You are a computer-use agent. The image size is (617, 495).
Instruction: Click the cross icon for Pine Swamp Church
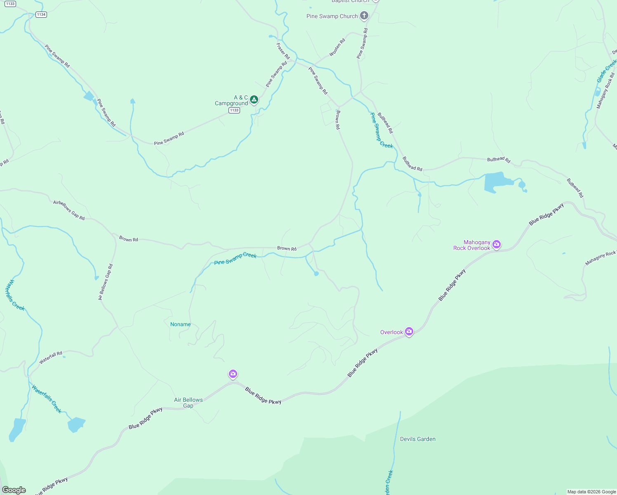tap(364, 16)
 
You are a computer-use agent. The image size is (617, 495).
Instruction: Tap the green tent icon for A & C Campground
tap(254, 99)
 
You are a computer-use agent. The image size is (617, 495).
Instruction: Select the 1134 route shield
tap(41, 14)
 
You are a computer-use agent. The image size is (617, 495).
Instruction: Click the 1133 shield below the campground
tap(234, 110)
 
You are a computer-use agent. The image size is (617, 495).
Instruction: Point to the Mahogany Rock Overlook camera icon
tap(497, 245)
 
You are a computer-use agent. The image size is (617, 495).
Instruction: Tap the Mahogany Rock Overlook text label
tap(472, 245)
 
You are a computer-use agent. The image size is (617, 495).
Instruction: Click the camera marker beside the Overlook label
tap(409, 331)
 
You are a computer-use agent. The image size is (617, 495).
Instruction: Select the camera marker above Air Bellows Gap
tap(233, 374)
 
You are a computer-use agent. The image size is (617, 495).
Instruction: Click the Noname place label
tap(181, 324)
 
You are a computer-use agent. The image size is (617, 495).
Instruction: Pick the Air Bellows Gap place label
tap(188, 403)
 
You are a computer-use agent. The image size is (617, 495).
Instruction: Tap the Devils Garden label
tap(418, 439)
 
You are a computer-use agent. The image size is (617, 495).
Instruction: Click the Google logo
tap(14, 490)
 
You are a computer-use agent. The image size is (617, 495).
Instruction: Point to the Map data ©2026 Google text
tap(591, 492)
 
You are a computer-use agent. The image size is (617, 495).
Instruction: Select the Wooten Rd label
tap(337, 48)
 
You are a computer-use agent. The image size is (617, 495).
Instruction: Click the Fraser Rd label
tap(283, 51)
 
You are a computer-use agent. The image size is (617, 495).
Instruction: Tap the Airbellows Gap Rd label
tap(69, 210)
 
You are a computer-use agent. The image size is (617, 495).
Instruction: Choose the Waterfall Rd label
tap(51, 358)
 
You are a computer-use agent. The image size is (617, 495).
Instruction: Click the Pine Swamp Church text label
tap(332, 16)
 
